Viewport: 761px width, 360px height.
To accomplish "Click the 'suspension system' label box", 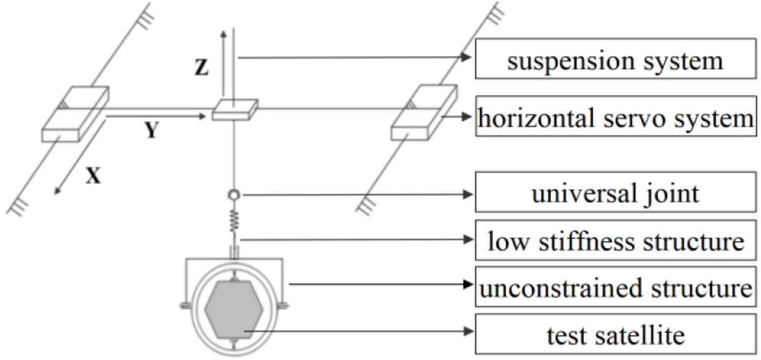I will pyautogui.click(x=615, y=61).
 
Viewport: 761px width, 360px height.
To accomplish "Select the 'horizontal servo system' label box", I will pyautogui.click(x=615, y=119).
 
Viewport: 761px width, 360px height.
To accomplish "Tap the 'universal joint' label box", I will pyautogui.click(x=615, y=194).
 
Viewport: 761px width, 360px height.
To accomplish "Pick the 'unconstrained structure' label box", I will pyautogui.click(x=615, y=286).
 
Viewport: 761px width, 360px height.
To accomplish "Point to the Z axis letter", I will pyautogui.click(x=201, y=69).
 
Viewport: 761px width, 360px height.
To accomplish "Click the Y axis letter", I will pyautogui.click(x=152, y=131).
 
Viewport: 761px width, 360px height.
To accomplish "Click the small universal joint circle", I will pyautogui.click(x=232, y=195).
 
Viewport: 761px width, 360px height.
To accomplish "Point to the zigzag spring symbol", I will pyautogui.click(x=232, y=218).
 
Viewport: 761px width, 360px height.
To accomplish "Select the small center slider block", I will pyautogui.click(x=235, y=109).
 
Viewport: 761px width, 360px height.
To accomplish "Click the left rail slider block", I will pyautogui.click(x=75, y=115).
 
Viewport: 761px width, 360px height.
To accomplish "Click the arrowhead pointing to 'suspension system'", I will pyautogui.click(x=465, y=58).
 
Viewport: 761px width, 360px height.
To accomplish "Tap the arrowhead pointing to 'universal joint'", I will pyautogui.click(x=465, y=195).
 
